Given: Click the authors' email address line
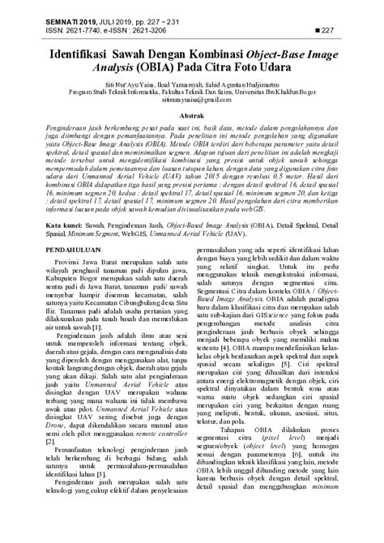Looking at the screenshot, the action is click(191, 105).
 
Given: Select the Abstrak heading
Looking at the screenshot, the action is click(191, 118).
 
